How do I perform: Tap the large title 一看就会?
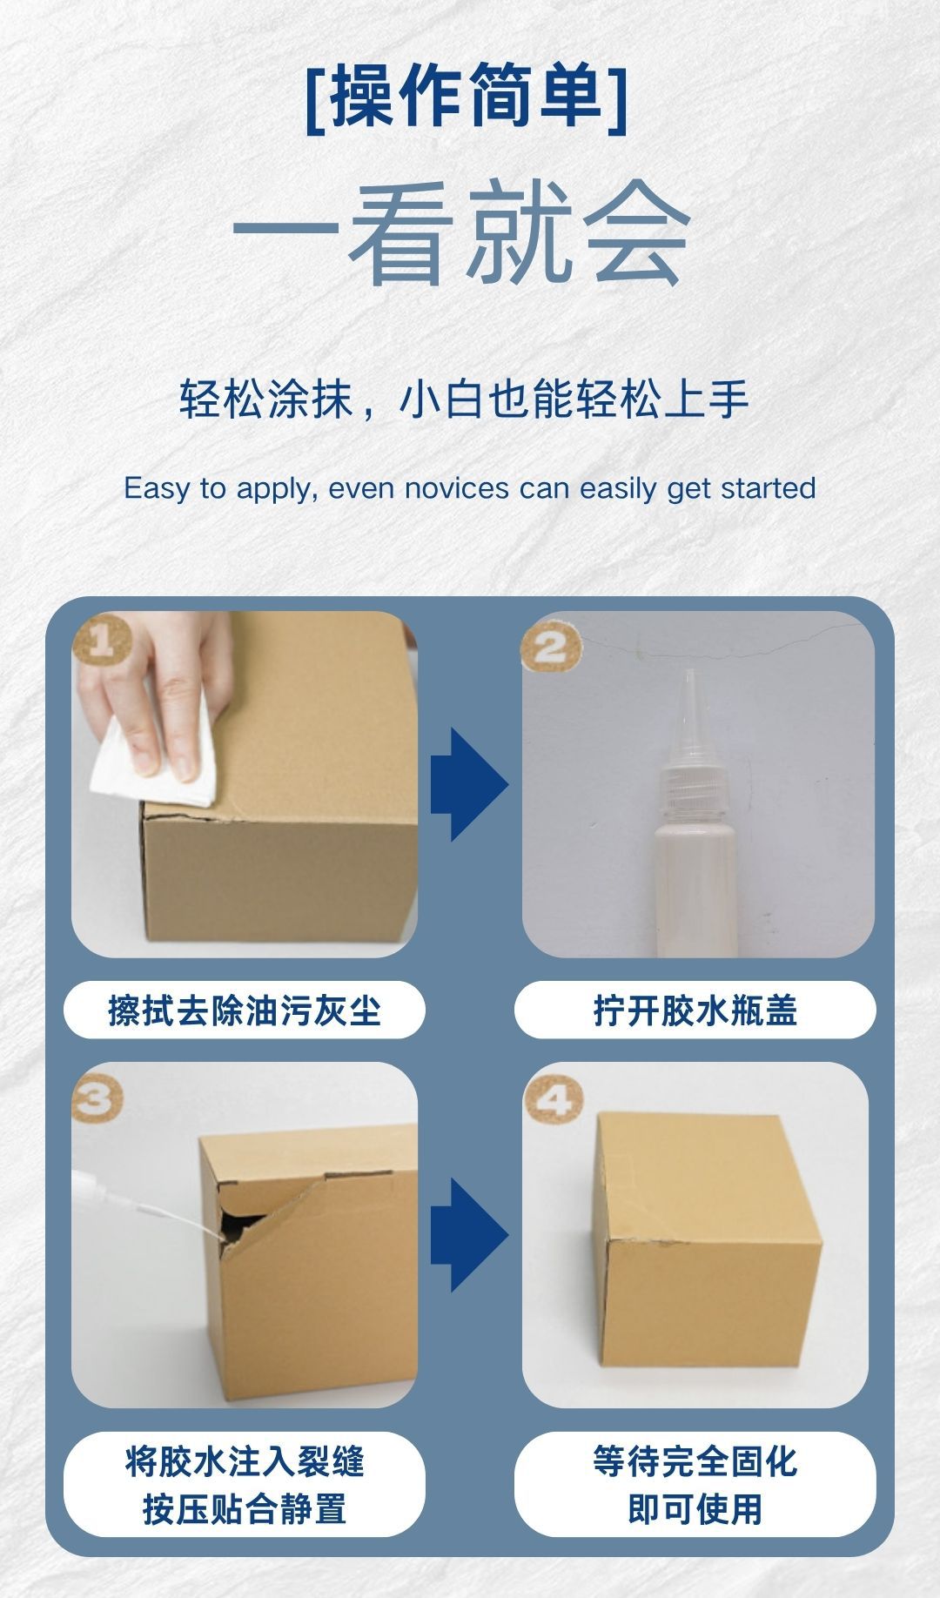coord(461,232)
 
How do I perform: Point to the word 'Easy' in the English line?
coord(156,488)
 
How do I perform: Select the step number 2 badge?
coord(550,648)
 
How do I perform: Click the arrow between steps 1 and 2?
coord(468,784)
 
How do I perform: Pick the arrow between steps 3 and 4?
coord(468,1235)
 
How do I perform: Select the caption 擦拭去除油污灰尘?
coord(245,1010)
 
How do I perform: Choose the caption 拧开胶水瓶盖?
coord(695,1010)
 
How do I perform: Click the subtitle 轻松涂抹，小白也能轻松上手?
coord(465,399)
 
